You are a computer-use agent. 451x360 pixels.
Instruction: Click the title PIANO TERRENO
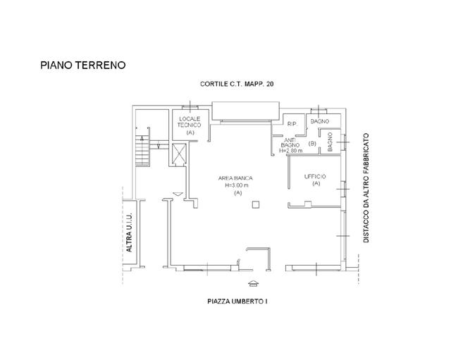click(82, 66)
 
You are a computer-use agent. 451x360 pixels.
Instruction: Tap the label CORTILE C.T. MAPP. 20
click(237, 85)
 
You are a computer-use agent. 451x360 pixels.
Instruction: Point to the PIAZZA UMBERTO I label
click(237, 302)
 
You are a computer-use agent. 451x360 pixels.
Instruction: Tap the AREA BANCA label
click(235, 178)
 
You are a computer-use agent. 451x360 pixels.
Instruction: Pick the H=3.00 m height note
click(236, 185)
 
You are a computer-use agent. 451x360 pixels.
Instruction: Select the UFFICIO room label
click(315, 176)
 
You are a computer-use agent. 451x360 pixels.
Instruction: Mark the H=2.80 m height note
click(291, 151)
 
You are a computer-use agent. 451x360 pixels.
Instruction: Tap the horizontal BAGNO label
click(321, 122)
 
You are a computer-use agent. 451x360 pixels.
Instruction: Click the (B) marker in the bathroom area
click(312, 144)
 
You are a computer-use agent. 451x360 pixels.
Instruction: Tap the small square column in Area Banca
click(257, 204)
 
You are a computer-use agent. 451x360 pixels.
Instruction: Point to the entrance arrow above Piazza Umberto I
click(253, 283)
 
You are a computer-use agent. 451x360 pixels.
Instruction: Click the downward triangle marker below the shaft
click(178, 193)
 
